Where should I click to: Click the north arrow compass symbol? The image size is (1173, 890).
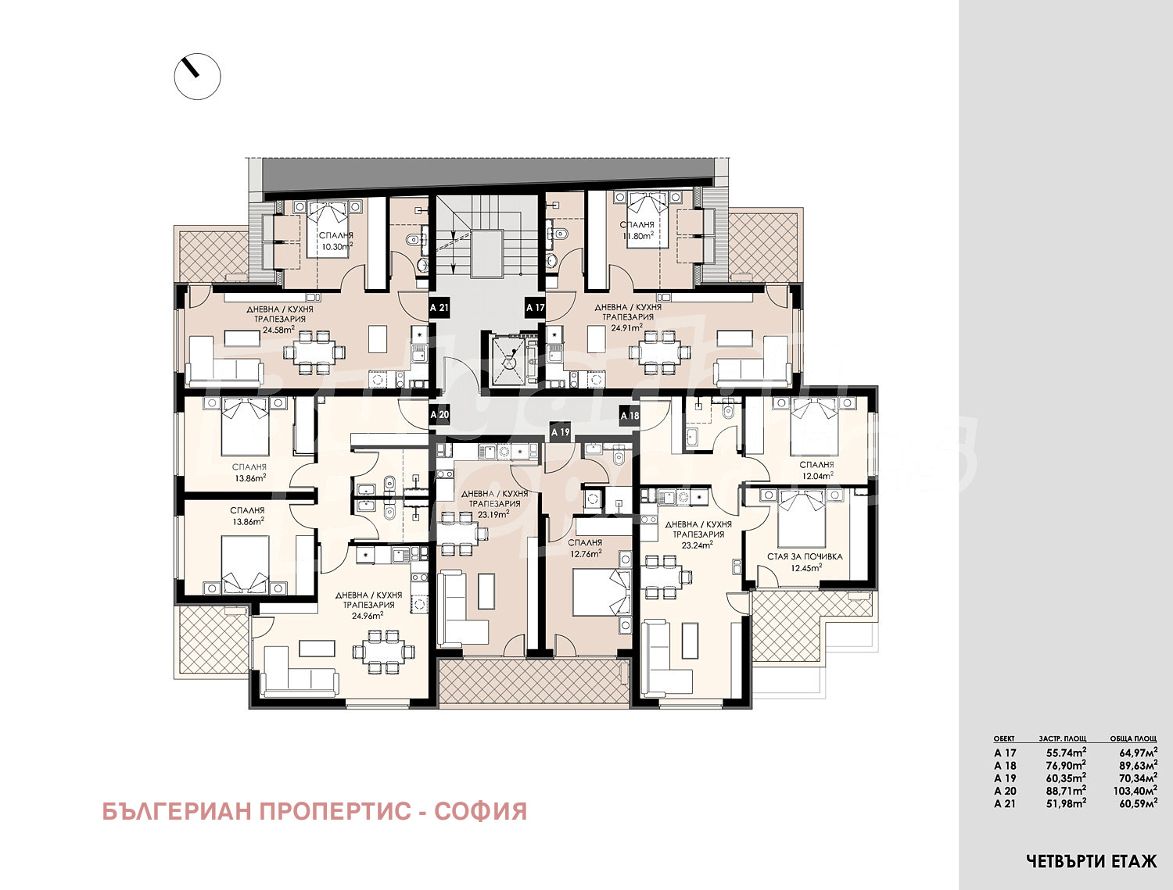point(197,77)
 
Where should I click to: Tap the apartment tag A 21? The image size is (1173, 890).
point(440,308)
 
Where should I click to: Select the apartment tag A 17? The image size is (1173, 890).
point(535,308)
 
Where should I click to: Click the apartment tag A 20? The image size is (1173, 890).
point(440,415)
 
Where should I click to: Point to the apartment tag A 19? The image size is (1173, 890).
point(561,431)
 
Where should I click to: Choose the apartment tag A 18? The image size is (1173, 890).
point(630,416)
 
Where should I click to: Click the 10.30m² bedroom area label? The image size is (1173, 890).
point(335,245)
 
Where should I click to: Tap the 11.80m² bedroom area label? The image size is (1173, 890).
point(637,235)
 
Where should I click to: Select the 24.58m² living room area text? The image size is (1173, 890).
point(278,330)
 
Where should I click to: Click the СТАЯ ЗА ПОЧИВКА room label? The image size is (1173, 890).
point(805,557)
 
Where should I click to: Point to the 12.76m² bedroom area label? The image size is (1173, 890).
point(585,553)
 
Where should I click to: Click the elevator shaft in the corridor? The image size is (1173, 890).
point(509,359)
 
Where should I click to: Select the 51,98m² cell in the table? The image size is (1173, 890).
point(1066,803)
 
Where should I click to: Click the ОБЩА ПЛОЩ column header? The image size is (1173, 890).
point(1133,738)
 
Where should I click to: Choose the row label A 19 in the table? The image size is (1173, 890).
point(1005,778)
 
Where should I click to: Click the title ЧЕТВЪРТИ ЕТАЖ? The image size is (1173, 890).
point(1091,862)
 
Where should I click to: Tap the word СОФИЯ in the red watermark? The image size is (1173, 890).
point(480,812)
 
